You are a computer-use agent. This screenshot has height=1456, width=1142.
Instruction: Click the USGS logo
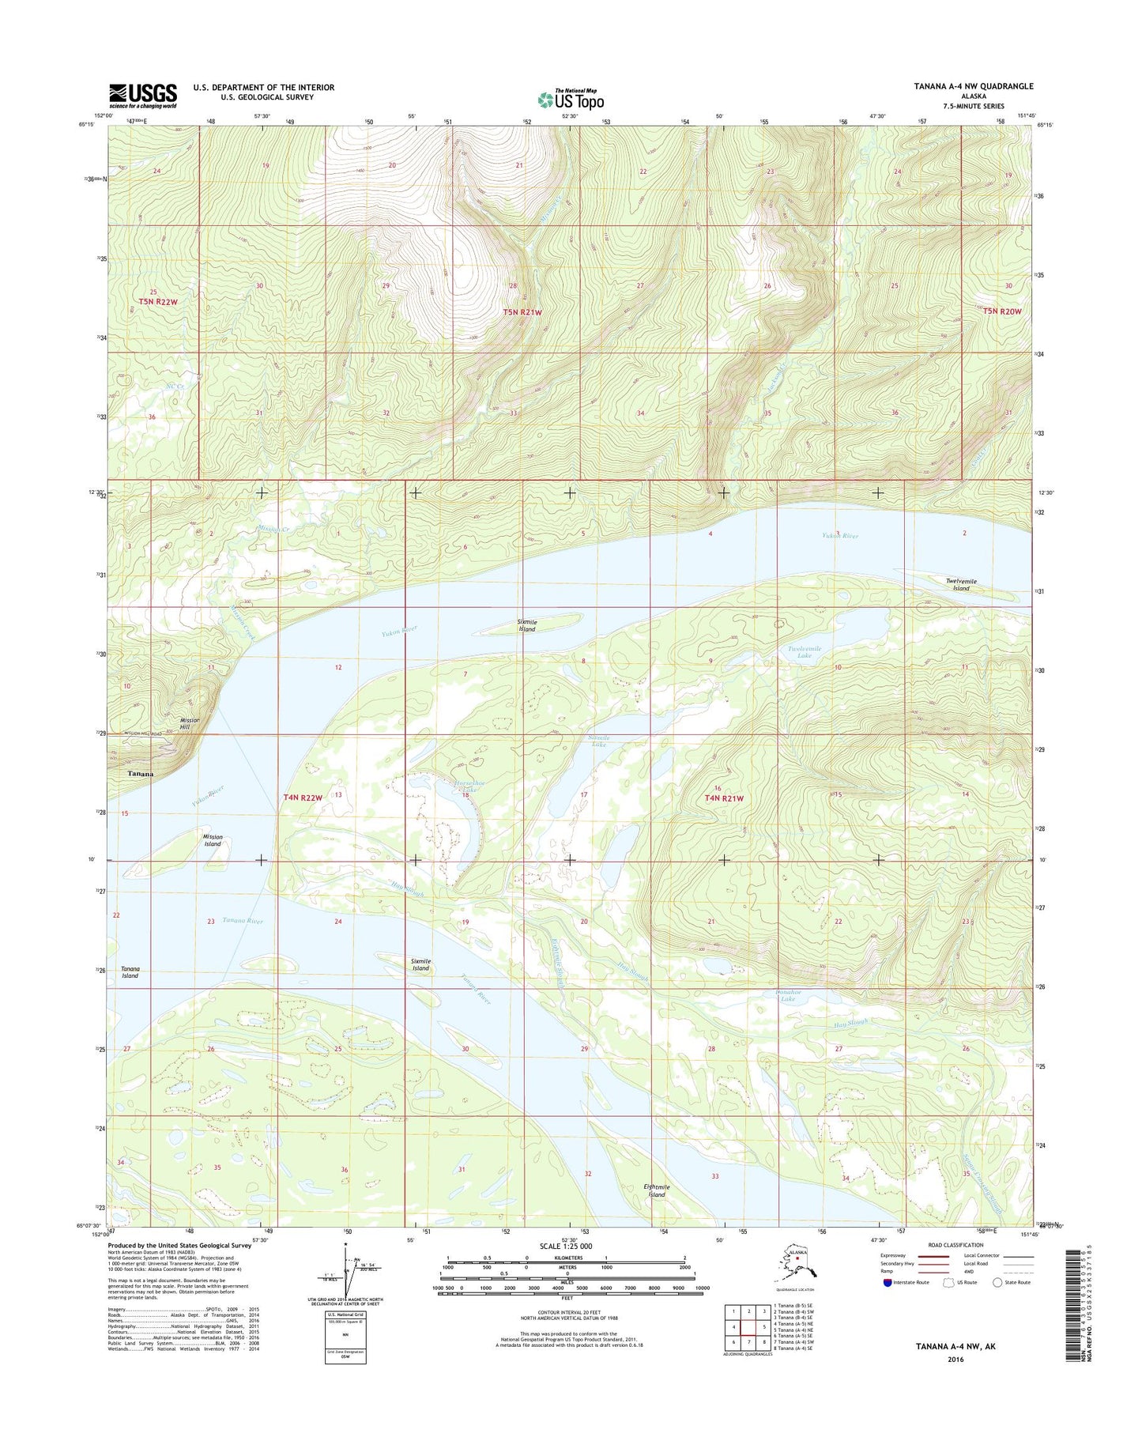click(x=143, y=96)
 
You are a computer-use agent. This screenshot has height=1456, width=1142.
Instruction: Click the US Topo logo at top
click(x=571, y=100)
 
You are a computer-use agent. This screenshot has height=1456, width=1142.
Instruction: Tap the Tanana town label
click(x=141, y=774)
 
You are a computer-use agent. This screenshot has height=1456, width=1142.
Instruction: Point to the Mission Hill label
click(x=190, y=724)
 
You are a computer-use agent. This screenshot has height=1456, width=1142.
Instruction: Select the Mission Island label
click(x=213, y=840)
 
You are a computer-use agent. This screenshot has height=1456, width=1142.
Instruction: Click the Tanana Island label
click(x=130, y=972)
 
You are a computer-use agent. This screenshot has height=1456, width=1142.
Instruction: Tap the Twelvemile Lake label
click(x=805, y=652)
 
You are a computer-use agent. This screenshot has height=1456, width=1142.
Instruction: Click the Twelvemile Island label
click(x=961, y=584)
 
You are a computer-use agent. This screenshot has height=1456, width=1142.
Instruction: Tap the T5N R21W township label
click(x=522, y=313)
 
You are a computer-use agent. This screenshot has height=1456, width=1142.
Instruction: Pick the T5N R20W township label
click(x=1002, y=311)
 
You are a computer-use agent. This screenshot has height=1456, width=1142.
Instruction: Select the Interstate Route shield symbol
click(x=888, y=1283)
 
